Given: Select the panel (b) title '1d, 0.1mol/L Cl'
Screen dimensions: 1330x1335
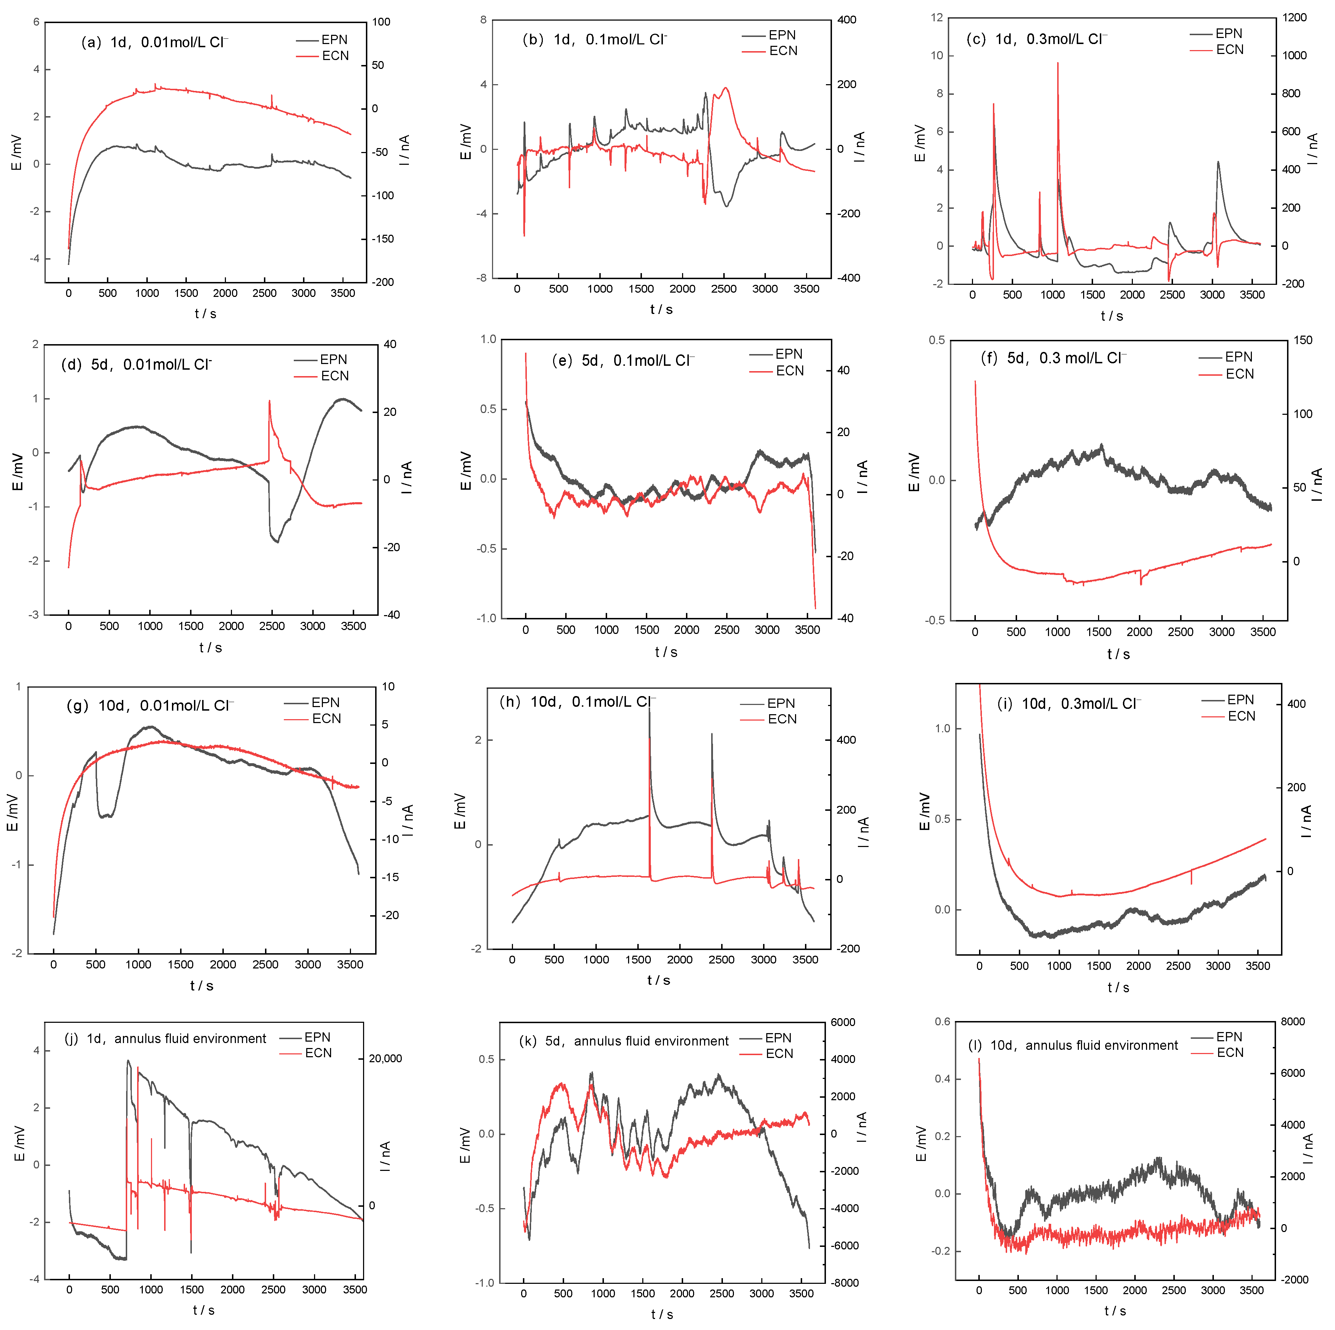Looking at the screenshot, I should (x=594, y=39).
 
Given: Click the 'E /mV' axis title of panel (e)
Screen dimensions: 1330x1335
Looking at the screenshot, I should (x=466, y=471).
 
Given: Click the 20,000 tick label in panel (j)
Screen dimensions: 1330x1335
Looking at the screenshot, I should (x=385, y=1058).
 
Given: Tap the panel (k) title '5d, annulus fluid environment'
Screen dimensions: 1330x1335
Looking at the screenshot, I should (x=623, y=1041).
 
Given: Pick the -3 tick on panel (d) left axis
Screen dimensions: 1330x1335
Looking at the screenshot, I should (x=34, y=615).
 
